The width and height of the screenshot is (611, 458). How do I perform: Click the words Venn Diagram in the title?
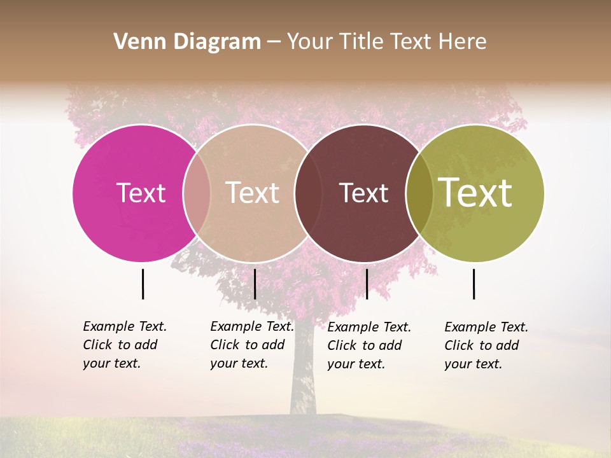pos(187,42)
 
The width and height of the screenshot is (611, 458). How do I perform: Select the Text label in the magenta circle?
pos(141,193)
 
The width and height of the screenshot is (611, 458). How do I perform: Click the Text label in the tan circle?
pos(253,193)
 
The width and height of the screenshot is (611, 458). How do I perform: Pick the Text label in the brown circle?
pos(363,193)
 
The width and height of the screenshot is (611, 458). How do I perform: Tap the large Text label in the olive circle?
pos(475,193)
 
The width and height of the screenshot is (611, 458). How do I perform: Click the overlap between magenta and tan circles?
pos(197,193)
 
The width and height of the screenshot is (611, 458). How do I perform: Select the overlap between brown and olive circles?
pos(419,193)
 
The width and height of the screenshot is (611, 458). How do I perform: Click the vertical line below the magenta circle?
pos(143,284)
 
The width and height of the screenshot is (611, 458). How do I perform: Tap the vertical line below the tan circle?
pos(255,284)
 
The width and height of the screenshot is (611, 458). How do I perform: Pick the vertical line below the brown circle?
pos(367,284)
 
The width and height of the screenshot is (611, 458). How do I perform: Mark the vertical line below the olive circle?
pos(474,284)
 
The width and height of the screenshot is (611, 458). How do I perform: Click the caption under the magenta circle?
pos(125,345)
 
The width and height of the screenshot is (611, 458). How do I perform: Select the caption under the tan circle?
pos(252,345)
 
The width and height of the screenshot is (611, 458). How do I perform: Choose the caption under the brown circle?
pos(369,345)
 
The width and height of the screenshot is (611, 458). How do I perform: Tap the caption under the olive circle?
pos(486,345)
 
